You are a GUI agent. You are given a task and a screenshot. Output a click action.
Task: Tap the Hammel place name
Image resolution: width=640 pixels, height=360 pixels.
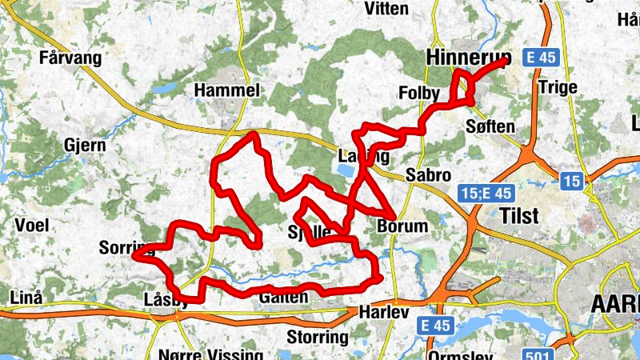[227, 91]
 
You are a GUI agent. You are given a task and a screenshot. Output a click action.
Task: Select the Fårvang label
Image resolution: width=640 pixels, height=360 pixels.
[70, 58]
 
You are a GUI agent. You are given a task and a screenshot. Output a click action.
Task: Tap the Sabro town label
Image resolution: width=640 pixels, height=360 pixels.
[428, 175]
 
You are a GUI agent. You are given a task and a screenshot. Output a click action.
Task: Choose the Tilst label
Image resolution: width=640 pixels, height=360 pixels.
[518, 216]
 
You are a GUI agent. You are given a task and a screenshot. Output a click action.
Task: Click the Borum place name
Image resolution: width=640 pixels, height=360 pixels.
[402, 226]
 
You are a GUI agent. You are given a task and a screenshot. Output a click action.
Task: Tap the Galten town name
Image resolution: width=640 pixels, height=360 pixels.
[283, 298]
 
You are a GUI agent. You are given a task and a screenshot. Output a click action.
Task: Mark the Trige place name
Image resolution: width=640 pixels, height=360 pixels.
[558, 86]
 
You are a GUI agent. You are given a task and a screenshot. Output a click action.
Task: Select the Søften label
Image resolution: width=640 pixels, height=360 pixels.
[490, 127]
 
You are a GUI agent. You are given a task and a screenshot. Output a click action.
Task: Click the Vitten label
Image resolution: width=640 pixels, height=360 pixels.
[386, 9]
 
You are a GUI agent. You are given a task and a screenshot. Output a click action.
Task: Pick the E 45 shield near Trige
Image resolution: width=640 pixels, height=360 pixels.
[540, 58]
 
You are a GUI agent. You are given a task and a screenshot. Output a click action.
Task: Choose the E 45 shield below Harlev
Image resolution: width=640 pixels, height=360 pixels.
[435, 326]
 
